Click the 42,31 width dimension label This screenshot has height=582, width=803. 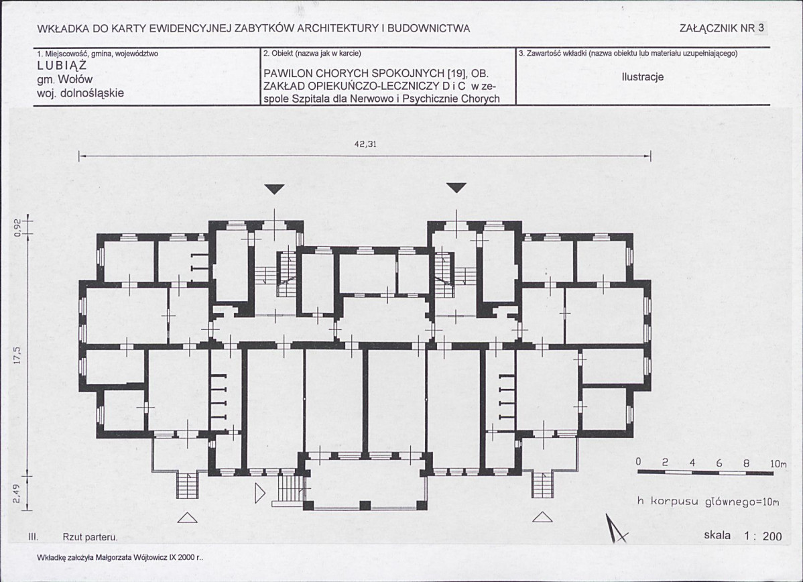pos(365,144)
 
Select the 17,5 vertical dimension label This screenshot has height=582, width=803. pos(17,356)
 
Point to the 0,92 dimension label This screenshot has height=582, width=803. pos(17,227)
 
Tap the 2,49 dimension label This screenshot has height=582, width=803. pos(17,494)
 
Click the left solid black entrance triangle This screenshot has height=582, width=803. pos(275,189)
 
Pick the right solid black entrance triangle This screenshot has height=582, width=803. pos(457,188)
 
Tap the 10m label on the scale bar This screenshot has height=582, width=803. pos(778,463)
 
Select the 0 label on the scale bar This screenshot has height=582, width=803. pos(638,461)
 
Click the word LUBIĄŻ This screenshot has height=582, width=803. pos(62,66)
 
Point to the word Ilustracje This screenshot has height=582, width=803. pos(643,77)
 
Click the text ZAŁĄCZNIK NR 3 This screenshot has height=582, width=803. pos(722,28)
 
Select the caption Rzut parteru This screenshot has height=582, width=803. pos(90,538)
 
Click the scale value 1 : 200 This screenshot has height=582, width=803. pos(763,536)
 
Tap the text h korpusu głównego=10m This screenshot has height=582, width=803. pos(708,502)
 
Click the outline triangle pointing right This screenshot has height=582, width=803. pos(260,493)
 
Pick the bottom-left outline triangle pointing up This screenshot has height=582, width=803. pos(188,518)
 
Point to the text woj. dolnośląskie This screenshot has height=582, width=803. pos(80,93)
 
